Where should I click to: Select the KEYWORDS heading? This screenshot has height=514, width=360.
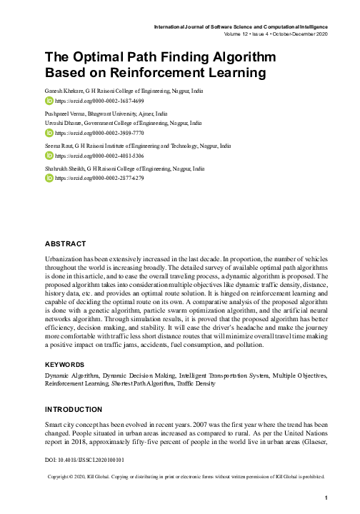pyautogui.click(x=65, y=363)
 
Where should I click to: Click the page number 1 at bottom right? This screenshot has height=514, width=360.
pyautogui.click(x=326, y=498)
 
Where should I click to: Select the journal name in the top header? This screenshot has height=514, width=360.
pyautogui.click(x=239, y=27)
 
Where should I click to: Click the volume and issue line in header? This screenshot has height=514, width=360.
pyautogui.click(x=274, y=34)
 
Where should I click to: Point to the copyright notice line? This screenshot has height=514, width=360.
pyautogui.click(x=186, y=475)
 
